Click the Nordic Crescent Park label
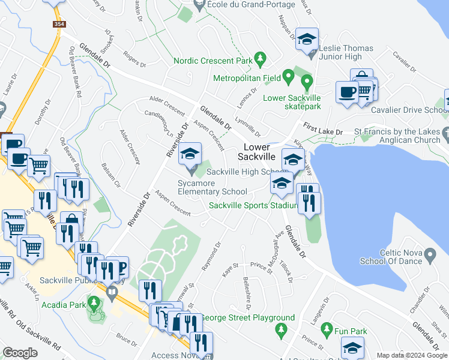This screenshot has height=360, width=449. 212,61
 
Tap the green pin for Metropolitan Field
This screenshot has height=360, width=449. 288,76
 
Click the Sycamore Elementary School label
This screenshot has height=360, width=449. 212,187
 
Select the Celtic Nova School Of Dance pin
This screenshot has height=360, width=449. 430,256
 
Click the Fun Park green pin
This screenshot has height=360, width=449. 327,329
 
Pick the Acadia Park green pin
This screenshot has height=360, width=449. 93,301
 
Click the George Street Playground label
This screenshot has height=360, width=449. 247,318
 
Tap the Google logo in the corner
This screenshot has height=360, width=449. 20,353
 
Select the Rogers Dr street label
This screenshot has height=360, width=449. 134,60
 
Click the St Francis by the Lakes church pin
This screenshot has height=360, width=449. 445,131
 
